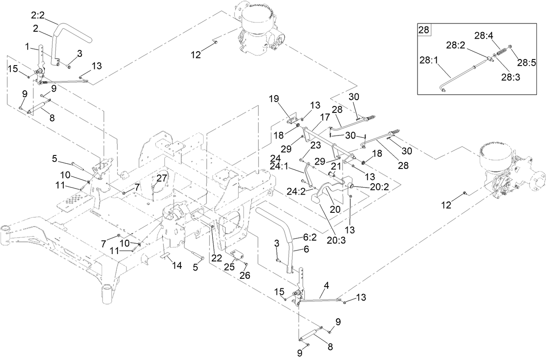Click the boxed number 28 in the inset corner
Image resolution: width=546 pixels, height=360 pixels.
[x=424, y=30]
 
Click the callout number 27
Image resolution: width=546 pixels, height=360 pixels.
[x=161, y=178]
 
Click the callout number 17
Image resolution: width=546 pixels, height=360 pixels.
[x=325, y=117]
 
